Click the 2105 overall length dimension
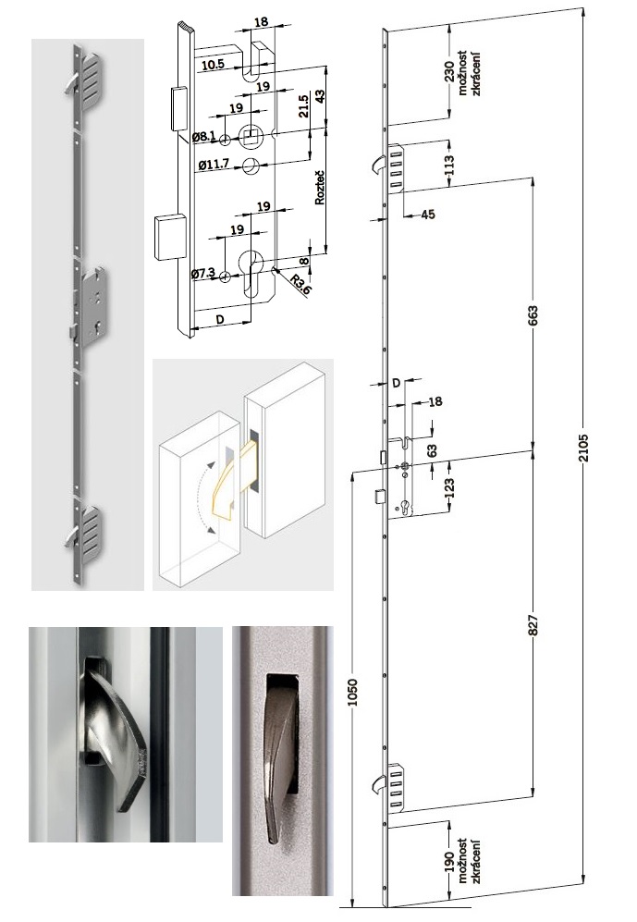tap(583, 448)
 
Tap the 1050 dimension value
tap(352, 692)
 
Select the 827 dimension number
tap(533, 624)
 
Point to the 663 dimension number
tap(533, 315)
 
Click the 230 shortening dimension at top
tap(449, 72)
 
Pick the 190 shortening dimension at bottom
tap(449, 862)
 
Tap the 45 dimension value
tap(428, 215)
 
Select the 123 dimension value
tap(449, 487)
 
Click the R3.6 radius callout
tap(299, 285)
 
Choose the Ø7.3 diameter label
tap(203, 274)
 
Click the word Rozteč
tap(320, 187)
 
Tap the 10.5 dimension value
tap(213, 65)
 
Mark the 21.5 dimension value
tap(303, 106)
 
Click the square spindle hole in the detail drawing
tap(251, 137)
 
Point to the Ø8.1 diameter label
tap(204, 137)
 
